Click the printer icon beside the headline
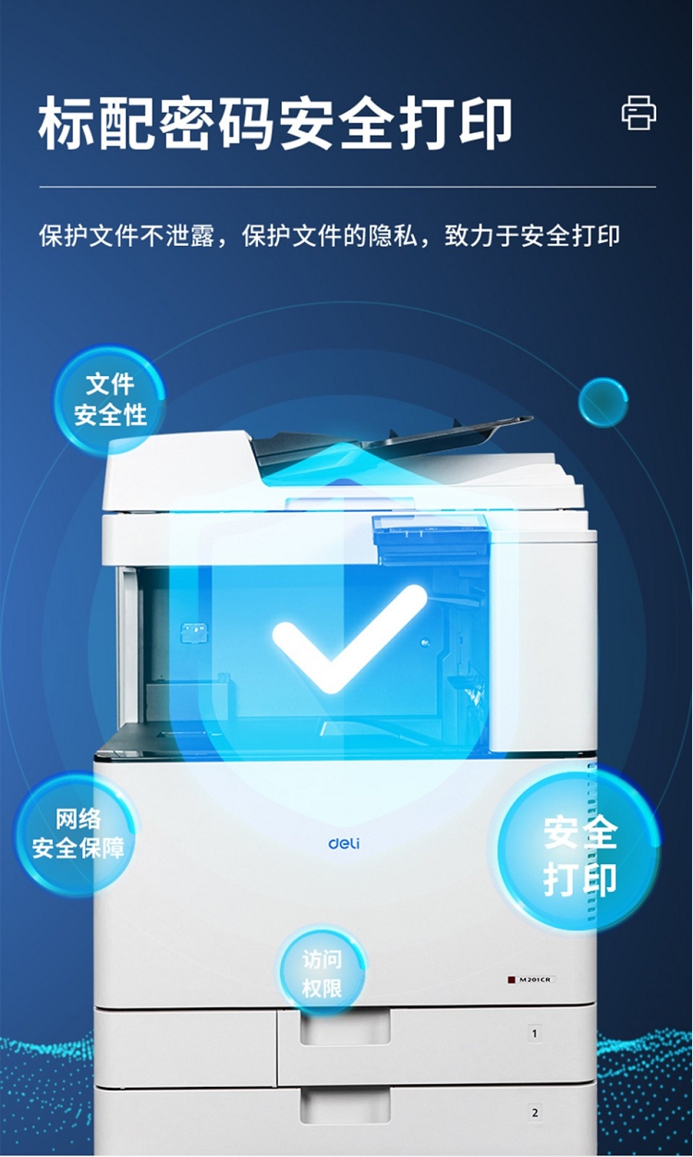[638, 113]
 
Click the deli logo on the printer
[344, 843]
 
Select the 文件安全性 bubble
[109, 400]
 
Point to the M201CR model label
[530, 980]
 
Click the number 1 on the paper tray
[534, 1033]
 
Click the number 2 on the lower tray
[534, 1113]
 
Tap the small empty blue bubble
[602, 402]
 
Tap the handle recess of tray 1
[345, 1027]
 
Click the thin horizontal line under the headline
[347, 187]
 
